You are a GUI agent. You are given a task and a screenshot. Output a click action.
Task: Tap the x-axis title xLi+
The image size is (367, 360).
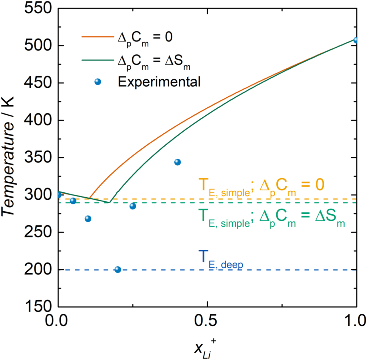pyautogui.click(x=208, y=347)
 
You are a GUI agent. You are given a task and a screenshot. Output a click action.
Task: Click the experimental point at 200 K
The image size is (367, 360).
pyautogui.click(x=118, y=270)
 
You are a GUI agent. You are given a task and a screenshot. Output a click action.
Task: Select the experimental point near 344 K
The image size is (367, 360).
pyautogui.click(x=178, y=162)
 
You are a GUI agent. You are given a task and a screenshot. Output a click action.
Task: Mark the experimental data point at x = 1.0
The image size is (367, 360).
pyautogui.click(x=356, y=40)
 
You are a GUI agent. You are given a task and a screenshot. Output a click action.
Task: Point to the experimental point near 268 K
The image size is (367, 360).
pyautogui.click(x=88, y=219)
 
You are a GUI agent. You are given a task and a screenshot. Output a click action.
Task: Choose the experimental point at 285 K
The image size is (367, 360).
pyautogui.click(x=133, y=206)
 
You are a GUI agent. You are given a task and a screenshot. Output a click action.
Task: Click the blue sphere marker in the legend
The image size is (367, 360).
pyautogui.click(x=98, y=82)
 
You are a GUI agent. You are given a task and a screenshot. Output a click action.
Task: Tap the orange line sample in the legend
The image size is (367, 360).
pyautogui.click(x=98, y=37)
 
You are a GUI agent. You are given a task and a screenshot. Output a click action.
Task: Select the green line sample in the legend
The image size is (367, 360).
pyautogui.click(x=98, y=59)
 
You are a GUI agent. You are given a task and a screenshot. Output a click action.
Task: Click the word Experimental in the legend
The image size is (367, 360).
pyautogui.click(x=159, y=82)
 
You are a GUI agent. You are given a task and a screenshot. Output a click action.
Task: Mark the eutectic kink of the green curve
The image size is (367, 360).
pyautogui.click(x=109, y=202)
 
